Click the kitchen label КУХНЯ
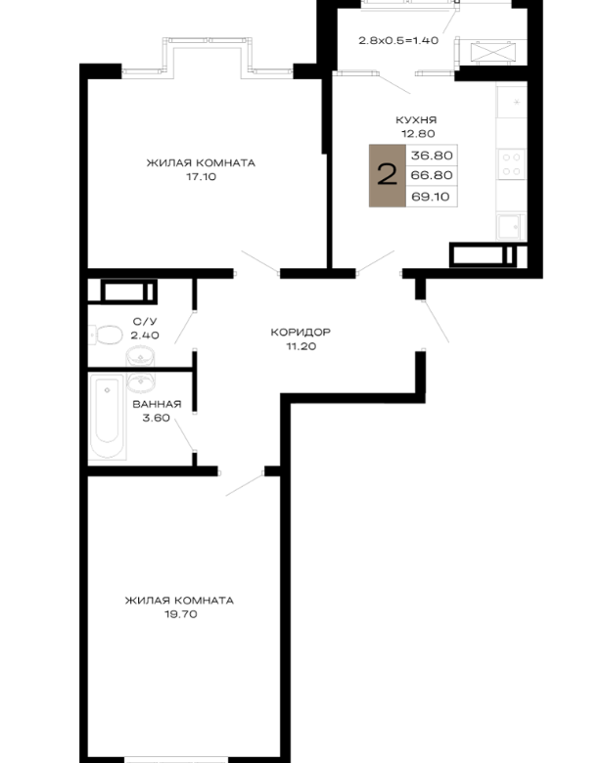pos(415,119)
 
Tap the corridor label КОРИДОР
pos(301,333)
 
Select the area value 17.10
pos(201,177)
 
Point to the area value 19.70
pos(181,614)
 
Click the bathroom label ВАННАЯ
pos(157,404)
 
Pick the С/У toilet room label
pos(145,321)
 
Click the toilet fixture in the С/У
pos(106,335)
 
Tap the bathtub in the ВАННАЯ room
pos(107,417)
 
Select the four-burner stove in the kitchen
pos(511,164)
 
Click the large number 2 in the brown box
pos(388,175)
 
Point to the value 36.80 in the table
pos(432,156)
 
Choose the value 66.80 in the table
pos(432,175)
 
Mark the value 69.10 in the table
pos(431,197)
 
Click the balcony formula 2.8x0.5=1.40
pos(398,40)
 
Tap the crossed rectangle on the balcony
pos(493,53)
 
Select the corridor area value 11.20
pos(301,346)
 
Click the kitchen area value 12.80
pos(418,134)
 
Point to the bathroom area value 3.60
pos(156,418)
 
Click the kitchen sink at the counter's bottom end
pos(510,226)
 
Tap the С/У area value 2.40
pos(145,336)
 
